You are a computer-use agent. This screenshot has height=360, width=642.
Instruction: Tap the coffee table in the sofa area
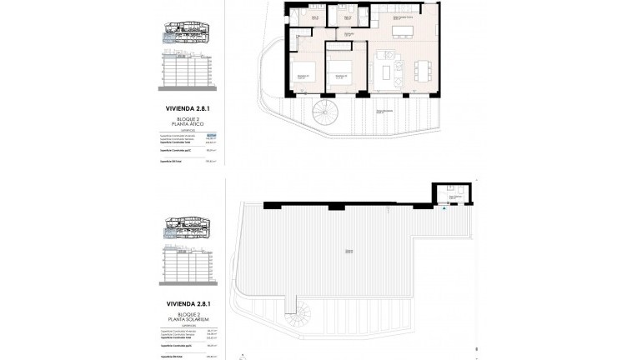[385, 72]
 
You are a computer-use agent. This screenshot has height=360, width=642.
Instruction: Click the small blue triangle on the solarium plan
[444, 208]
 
